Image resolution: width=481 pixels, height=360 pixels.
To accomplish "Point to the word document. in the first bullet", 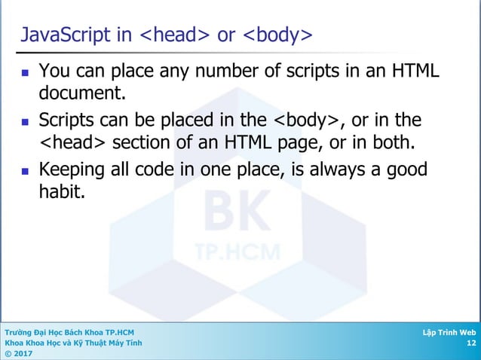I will pos(82,95).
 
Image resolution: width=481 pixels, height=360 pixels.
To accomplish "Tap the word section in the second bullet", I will pos(136,142).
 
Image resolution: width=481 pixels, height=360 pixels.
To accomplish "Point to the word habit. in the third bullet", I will pos(63,191).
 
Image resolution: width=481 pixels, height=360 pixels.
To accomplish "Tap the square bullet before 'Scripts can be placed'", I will pos(26,121).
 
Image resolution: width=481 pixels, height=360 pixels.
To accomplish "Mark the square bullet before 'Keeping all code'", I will pos(26,169).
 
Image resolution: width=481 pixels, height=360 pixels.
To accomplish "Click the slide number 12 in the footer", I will pos(471,343).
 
